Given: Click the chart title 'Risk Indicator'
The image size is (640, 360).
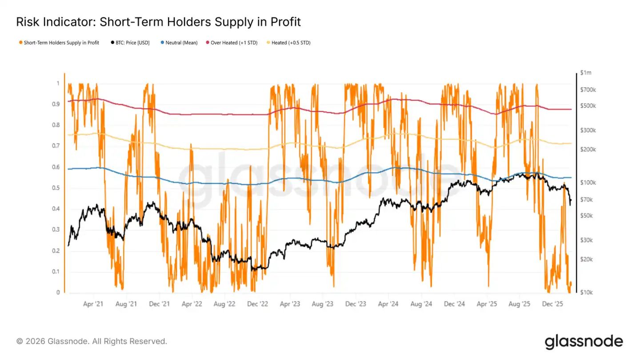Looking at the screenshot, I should pos(158,22).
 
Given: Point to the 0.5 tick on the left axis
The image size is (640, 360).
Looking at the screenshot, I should pos(56,188).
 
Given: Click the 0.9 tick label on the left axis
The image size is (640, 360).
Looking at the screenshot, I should pos(56,104).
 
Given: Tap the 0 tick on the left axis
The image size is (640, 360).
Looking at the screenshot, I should pos(58,292).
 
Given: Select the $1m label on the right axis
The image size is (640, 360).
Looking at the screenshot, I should pos(586,73).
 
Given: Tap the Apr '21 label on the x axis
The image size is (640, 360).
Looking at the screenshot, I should pos(93,304).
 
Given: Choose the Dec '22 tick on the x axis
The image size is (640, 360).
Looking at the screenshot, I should pos(257,304).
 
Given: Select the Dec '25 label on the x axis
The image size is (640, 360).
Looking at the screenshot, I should pos(553,304).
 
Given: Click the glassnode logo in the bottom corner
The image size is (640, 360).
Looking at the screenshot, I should pos(584,341).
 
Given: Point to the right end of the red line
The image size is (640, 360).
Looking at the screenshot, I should pos(571,109).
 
